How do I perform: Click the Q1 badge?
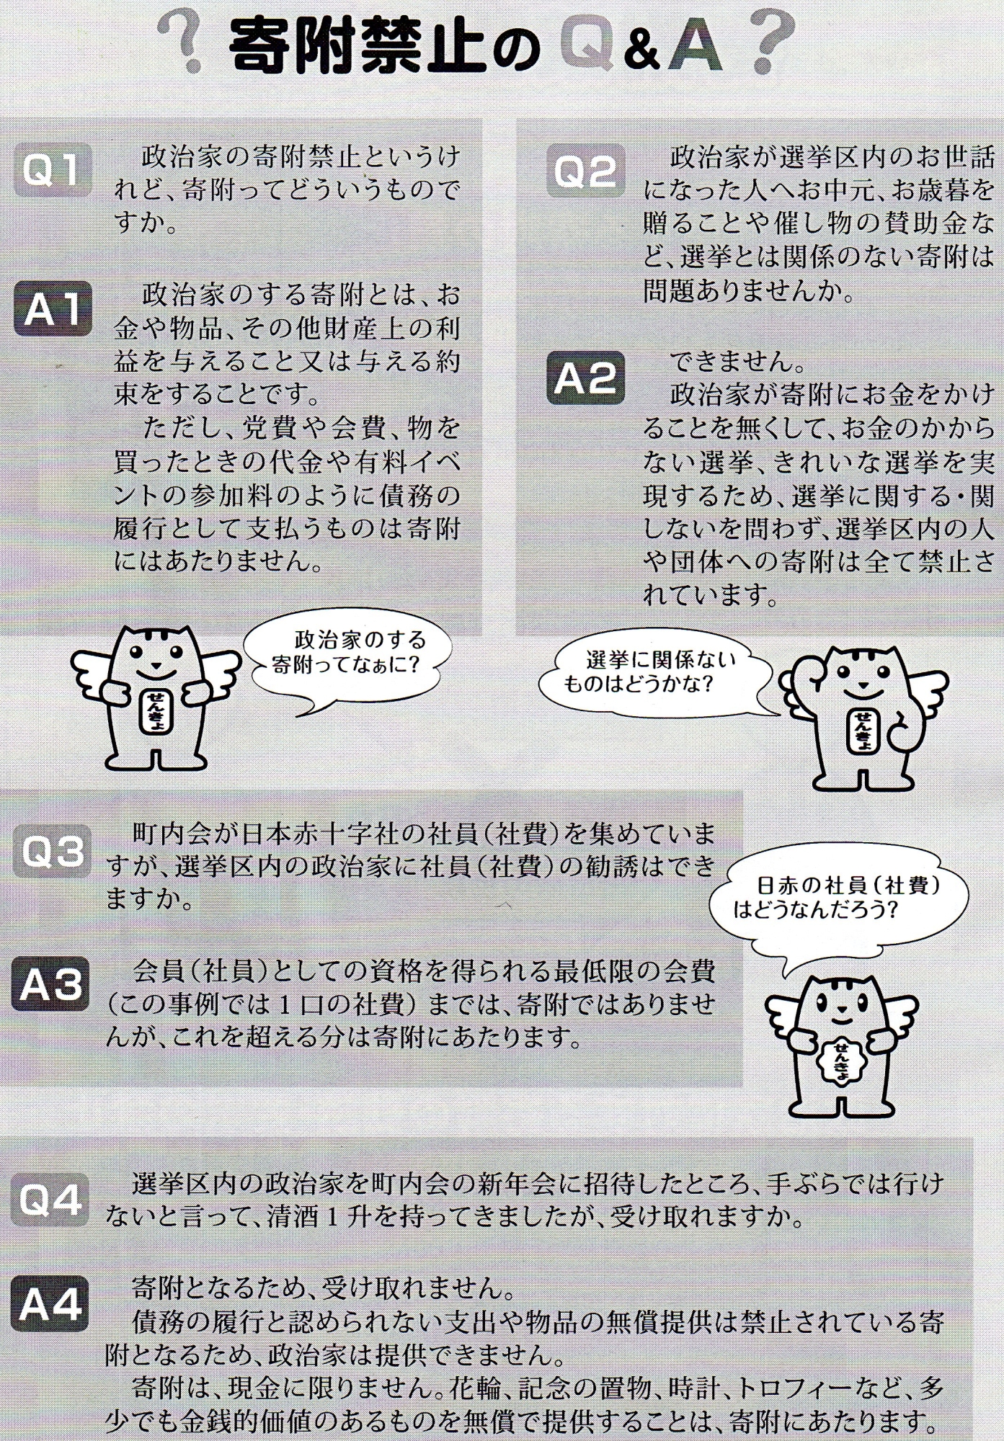tap(53, 171)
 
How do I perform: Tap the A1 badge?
tap(53, 308)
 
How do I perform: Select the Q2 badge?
tap(585, 171)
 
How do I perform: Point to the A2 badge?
tap(585, 379)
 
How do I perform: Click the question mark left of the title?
tap(179, 45)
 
